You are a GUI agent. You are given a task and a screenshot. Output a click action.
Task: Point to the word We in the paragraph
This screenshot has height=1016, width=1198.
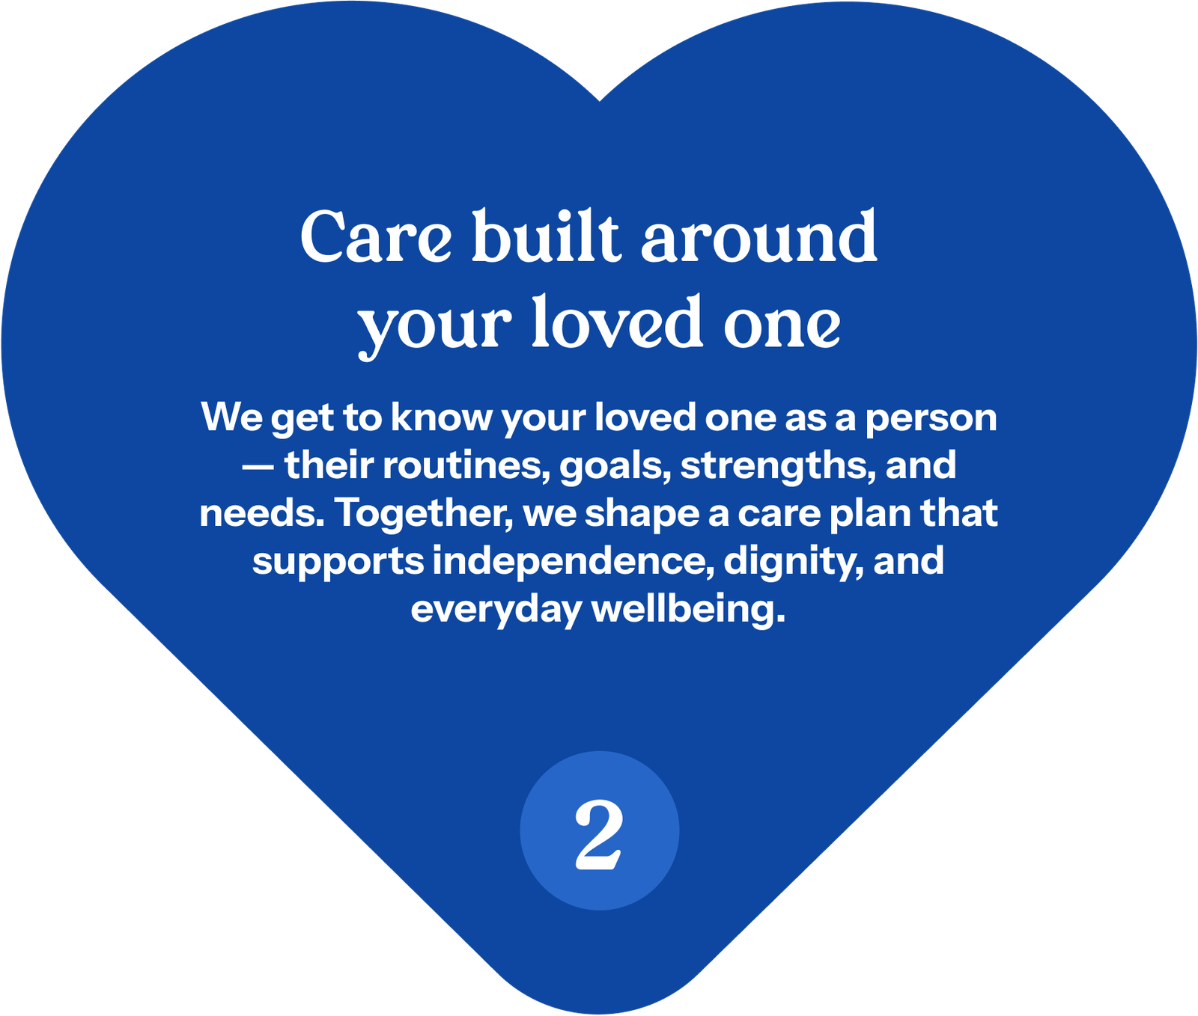click(x=232, y=417)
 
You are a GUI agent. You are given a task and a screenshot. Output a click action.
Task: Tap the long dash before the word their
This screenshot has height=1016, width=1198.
click(x=258, y=467)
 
